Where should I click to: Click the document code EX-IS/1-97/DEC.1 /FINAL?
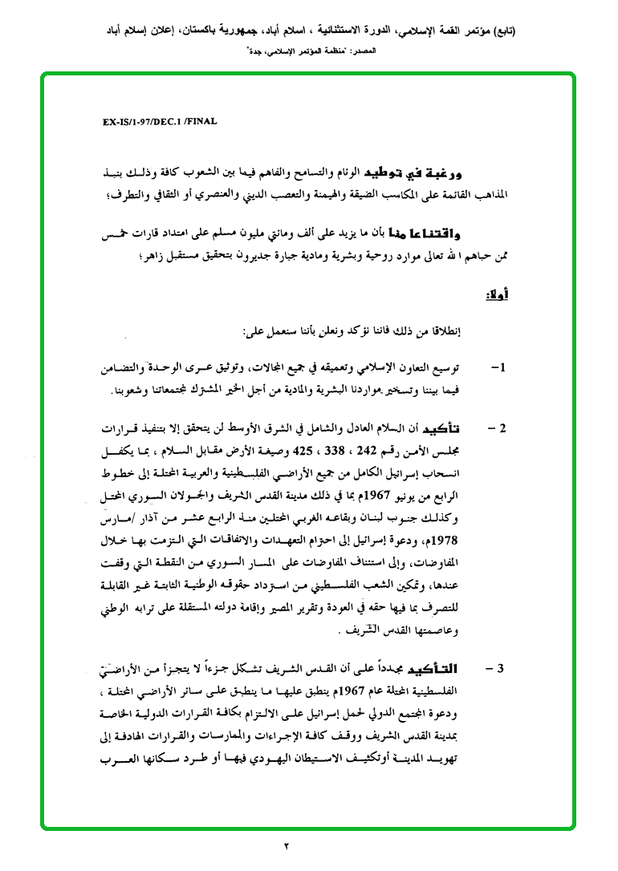[161, 122]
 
